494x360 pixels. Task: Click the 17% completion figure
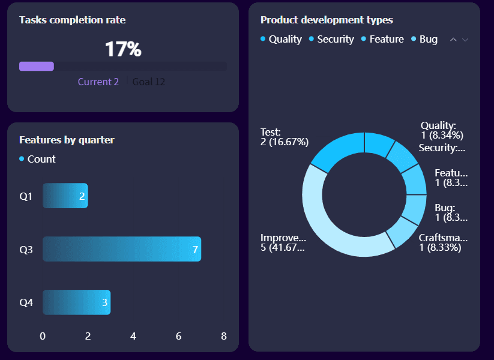(123, 49)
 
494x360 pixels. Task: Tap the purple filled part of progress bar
(37, 67)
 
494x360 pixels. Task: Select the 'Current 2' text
(98, 82)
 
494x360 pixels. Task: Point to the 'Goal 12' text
(148, 82)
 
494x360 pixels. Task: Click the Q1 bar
(65, 196)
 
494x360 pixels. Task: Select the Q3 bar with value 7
(121, 249)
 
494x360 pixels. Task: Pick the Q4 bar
(76, 302)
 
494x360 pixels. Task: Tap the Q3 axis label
(26, 250)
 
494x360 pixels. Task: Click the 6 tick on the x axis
(178, 336)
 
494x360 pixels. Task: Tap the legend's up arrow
(453, 40)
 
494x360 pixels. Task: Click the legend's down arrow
(465, 40)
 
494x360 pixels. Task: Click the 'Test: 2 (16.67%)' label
(284, 137)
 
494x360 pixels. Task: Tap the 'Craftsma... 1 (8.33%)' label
(443, 242)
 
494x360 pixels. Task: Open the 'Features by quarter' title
(67, 140)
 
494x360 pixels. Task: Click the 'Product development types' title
(327, 20)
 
